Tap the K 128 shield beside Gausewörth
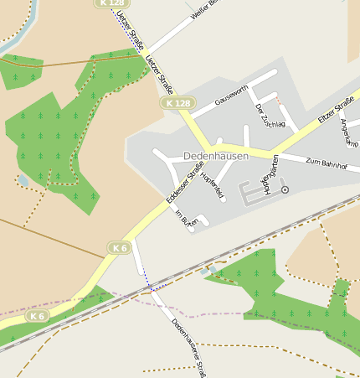(x=177, y=103)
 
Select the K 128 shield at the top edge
(x=111, y=3)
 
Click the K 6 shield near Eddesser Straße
(x=120, y=247)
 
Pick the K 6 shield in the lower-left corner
(x=37, y=316)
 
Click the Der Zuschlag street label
(x=270, y=116)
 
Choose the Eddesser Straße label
(x=184, y=186)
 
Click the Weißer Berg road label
(x=203, y=11)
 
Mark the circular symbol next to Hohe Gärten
(x=285, y=190)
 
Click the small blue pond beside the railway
(x=206, y=272)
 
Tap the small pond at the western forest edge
(x=23, y=180)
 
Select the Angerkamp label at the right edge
(x=348, y=132)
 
